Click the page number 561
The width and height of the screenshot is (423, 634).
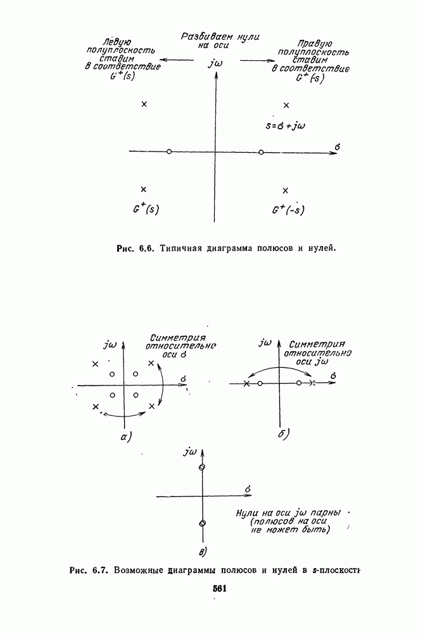pos(220,588)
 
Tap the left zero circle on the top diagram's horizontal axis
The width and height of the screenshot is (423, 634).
pos(168,152)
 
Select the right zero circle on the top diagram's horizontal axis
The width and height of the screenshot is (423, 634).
pos(261,152)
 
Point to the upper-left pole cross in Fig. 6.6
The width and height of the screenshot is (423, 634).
pos(144,104)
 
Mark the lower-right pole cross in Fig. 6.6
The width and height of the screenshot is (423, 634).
pos(285,190)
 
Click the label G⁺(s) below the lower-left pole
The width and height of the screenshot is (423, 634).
pos(145,209)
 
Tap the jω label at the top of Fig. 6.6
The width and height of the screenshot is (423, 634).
pos(215,64)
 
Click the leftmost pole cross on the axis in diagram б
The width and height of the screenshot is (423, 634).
pos(246,384)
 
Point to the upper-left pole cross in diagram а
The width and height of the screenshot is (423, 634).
pos(95,364)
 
